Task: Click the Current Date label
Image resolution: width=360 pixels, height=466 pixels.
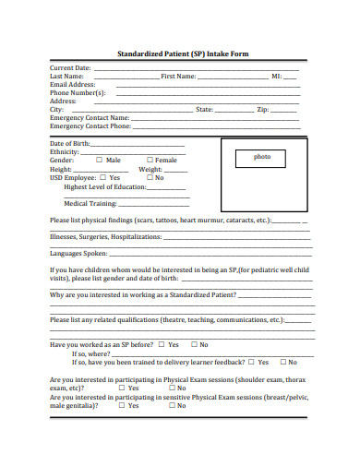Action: click(x=70, y=68)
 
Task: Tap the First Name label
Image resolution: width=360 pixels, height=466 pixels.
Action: click(x=178, y=77)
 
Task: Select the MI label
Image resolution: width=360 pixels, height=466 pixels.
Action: click(x=276, y=77)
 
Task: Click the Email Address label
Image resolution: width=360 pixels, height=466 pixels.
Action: click(x=73, y=85)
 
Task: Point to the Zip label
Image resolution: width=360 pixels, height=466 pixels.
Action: click(x=262, y=110)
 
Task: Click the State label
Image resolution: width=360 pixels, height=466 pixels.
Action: click(x=205, y=110)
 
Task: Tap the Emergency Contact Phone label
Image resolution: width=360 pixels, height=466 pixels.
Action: click(x=90, y=126)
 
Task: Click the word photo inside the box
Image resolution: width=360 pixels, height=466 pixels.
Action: click(x=263, y=157)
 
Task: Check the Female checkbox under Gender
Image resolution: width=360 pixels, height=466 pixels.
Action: click(x=150, y=161)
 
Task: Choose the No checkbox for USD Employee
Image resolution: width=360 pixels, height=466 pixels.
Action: click(x=148, y=177)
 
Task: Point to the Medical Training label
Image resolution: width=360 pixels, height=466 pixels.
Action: click(x=90, y=202)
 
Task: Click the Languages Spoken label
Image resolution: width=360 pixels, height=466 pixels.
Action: click(x=79, y=253)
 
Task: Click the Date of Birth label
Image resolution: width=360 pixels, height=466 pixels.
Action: click(x=70, y=144)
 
